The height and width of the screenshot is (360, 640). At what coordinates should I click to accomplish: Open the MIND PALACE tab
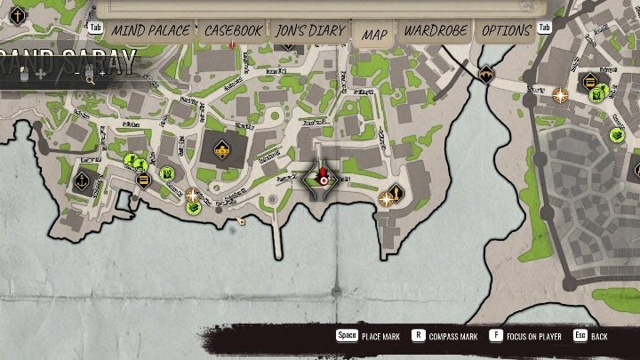tap(150, 30)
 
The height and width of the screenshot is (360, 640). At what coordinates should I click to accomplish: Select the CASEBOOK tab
tap(233, 30)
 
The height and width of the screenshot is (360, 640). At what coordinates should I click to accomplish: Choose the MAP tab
tap(373, 32)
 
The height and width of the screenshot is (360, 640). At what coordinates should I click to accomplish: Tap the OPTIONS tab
tap(507, 30)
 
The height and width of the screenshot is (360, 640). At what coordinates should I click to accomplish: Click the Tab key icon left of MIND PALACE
tap(96, 28)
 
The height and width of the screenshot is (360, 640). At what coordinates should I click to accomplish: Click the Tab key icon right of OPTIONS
tap(545, 28)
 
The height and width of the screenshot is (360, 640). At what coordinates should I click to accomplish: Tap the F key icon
tap(495, 336)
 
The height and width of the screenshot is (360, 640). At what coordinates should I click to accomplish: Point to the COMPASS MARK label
tap(455, 337)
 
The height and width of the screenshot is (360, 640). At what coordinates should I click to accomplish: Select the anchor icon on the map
tap(81, 179)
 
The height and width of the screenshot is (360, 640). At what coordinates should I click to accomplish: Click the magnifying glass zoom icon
tap(90, 78)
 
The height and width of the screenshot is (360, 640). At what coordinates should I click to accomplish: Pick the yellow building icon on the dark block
tap(220, 150)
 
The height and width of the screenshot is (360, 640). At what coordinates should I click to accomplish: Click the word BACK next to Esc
tap(612, 337)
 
